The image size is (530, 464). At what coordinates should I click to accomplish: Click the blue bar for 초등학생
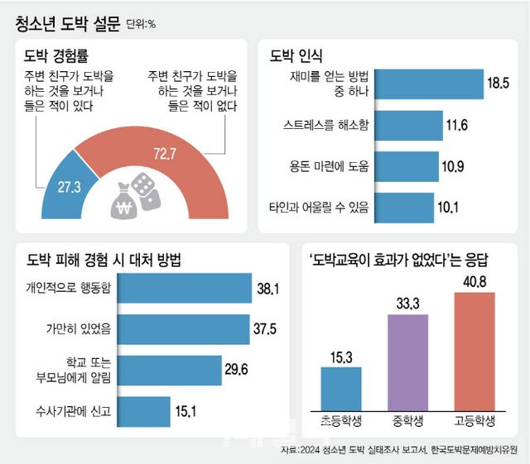[340, 388]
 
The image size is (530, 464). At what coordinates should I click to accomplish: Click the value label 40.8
[475, 283]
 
